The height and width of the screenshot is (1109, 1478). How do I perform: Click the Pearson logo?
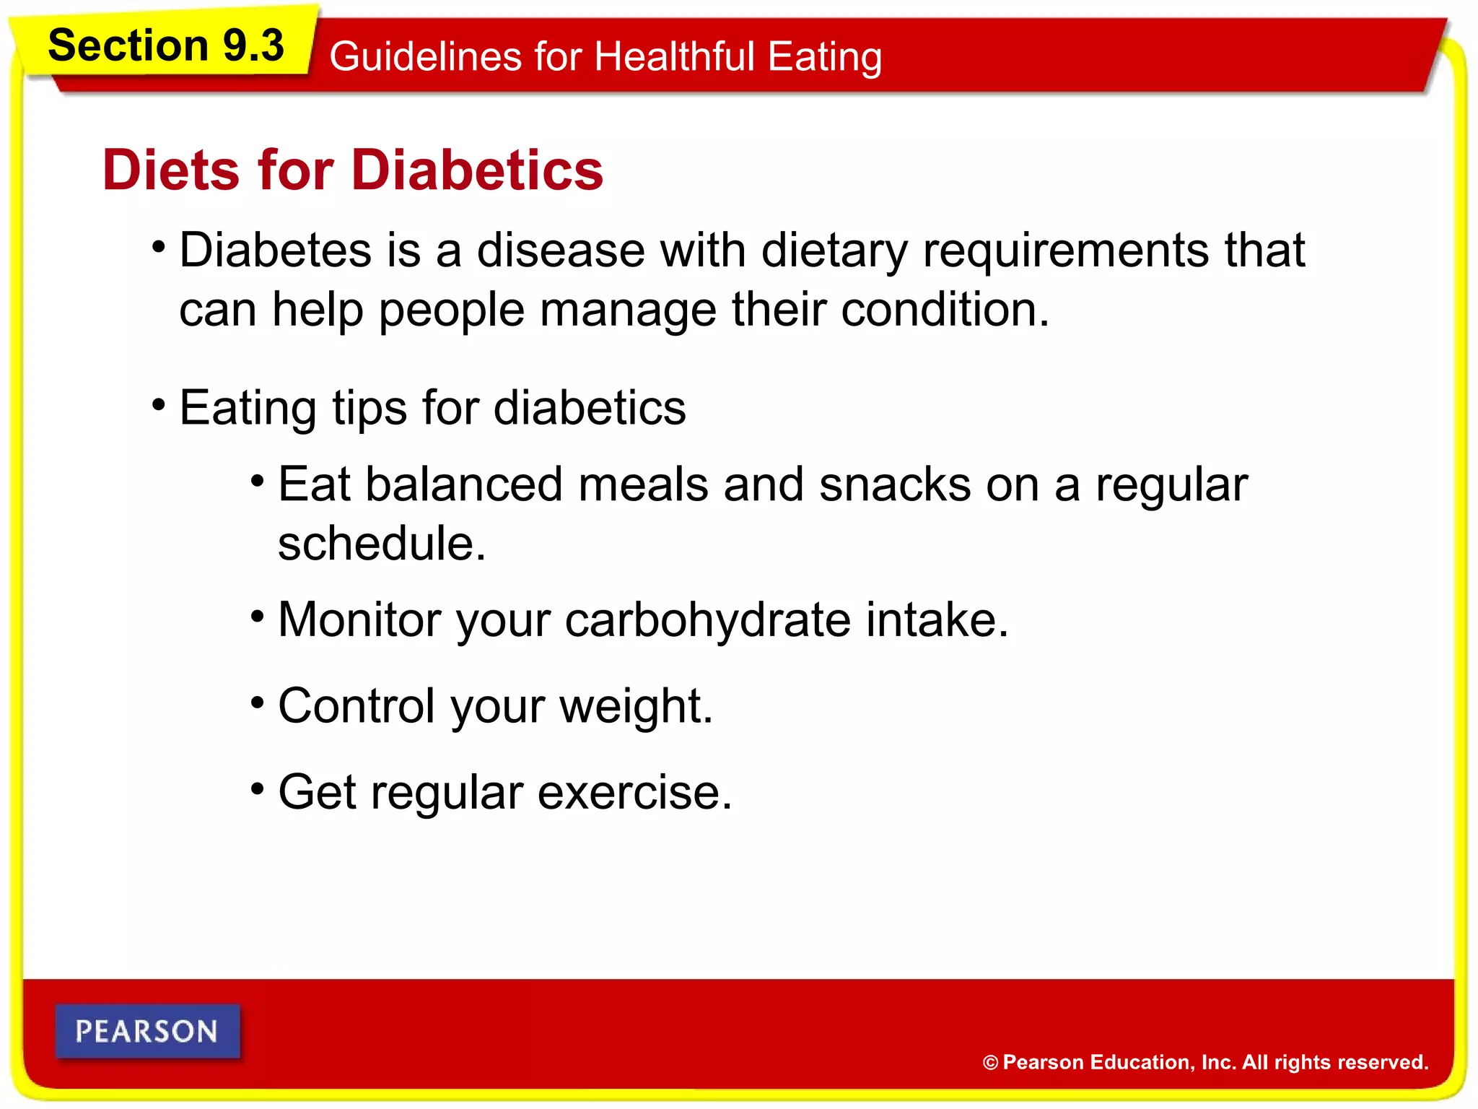point(147,1031)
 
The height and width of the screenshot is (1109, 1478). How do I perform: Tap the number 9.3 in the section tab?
point(253,45)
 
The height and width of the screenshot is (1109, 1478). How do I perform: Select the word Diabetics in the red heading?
point(477,170)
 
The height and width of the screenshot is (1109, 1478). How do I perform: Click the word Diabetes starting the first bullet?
point(276,250)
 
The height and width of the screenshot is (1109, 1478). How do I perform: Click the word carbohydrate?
point(707,620)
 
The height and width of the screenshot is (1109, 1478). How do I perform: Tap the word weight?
point(635,706)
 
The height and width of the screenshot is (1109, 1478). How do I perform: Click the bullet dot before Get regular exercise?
point(258,788)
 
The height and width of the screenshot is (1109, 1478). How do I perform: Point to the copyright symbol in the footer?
point(990,1063)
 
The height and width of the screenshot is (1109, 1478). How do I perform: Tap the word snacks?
point(894,484)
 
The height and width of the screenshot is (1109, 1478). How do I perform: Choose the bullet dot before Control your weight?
point(258,701)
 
